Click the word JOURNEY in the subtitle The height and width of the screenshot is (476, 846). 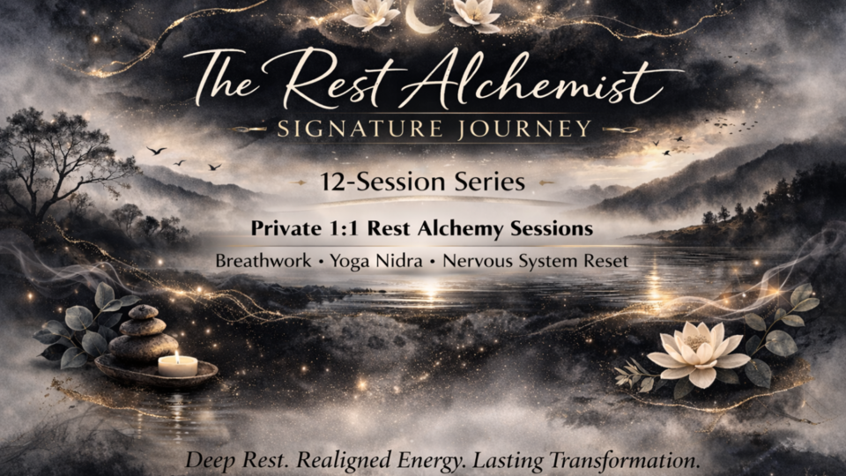[x=533, y=129]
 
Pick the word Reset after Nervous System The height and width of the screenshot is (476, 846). [x=606, y=262]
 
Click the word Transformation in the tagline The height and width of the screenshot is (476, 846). [x=606, y=461]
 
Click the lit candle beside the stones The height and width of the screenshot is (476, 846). [x=178, y=364]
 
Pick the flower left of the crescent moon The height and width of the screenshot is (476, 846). [x=370, y=13]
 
